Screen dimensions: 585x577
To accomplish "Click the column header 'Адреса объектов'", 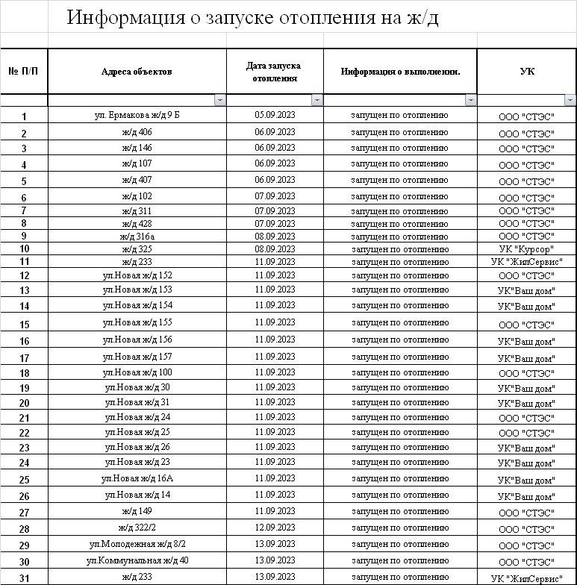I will coord(137,72).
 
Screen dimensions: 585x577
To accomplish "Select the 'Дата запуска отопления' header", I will coord(275,72).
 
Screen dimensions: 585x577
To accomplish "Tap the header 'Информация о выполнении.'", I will coord(400,72).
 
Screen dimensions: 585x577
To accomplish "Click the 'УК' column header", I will coord(526,72).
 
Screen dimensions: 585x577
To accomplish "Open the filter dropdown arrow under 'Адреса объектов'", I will coord(219,100).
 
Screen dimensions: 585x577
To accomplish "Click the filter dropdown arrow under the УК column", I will coord(570,100).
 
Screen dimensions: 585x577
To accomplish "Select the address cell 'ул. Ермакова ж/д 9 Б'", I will coord(137,115).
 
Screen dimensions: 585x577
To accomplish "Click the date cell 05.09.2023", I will coord(275,115).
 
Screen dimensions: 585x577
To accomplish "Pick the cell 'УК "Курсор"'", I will coord(526,249).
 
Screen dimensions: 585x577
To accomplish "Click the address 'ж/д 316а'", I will coord(137,236).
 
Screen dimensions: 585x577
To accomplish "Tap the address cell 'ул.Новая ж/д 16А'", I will coord(137,478).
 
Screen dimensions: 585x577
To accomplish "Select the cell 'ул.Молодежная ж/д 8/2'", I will coord(137,544).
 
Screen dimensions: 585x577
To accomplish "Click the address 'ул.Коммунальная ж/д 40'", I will coord(137,560).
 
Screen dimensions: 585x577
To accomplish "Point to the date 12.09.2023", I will coord(275,528).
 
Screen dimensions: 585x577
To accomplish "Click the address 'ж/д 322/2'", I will coord(137,528).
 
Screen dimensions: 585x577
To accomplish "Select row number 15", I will coord(24,325).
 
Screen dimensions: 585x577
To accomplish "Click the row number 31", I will coord(24,578).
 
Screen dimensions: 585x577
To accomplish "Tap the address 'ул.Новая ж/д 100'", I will coord(137,372).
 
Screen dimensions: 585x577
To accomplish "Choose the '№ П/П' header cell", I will coord(24,72).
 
